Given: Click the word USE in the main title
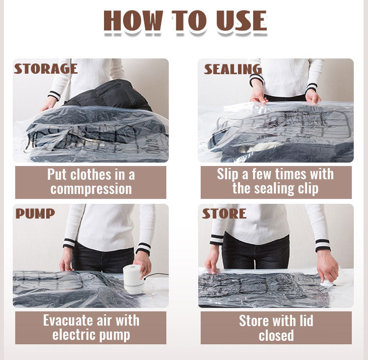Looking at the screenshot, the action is (241, 21).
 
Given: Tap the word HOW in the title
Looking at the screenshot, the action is (133, 21).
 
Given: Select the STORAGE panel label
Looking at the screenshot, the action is (46, 69).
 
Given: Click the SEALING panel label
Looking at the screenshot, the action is (233, 69).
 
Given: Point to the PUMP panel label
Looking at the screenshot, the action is (35, 214).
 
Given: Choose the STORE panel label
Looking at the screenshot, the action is (224, 214).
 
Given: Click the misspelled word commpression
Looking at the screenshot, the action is (91, 189).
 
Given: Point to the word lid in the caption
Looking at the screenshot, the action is (306, 320).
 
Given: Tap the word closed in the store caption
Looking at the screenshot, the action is (276, 335).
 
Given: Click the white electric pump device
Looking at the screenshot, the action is (133, 279).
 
